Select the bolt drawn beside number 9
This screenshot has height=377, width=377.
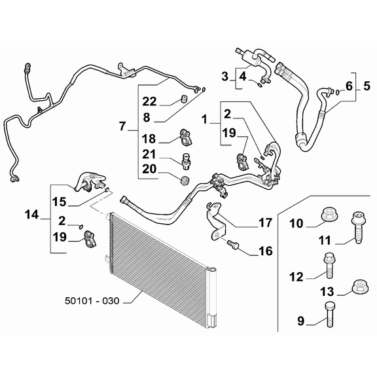[329, 316]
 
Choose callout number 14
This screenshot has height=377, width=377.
[32, 213]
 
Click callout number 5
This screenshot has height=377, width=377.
[367, 85]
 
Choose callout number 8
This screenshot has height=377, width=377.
[147, 117]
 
